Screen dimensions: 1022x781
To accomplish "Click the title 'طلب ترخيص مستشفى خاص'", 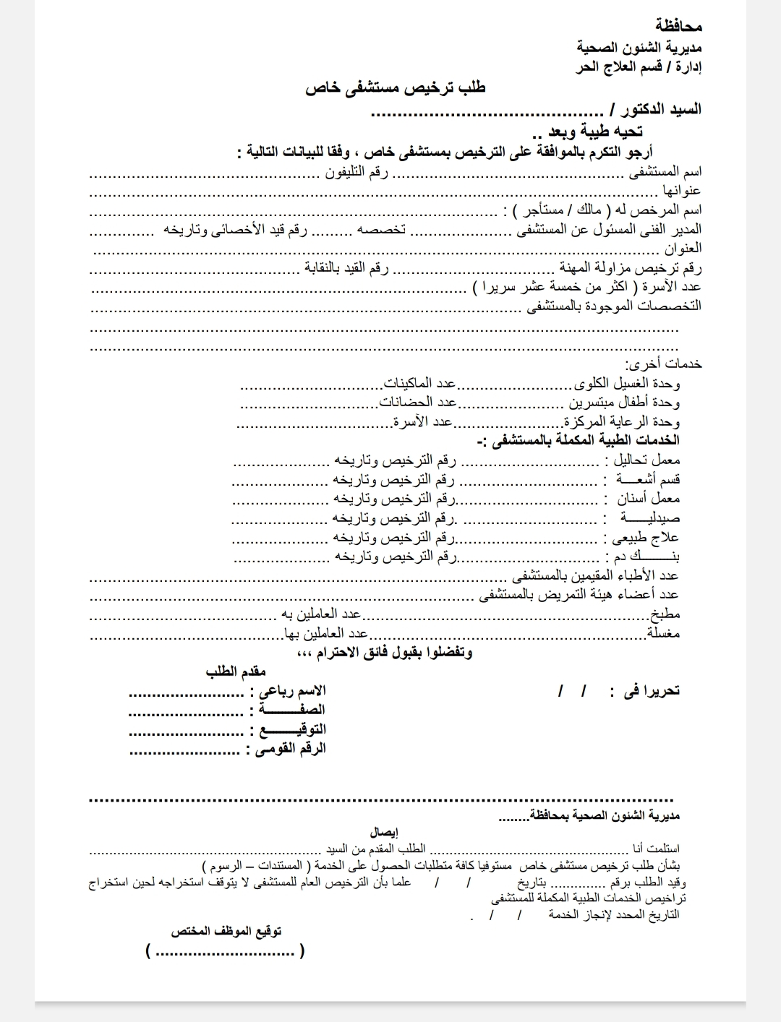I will click(x=396, y=88).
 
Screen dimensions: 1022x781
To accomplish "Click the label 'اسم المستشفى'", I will click(x=665, y=172).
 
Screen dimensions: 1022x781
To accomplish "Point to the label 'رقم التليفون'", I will click(x=359, y=172).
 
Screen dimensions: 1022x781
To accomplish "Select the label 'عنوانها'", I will click(x=682, y=191).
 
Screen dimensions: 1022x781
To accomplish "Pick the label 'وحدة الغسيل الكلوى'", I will click(x=627, y=383).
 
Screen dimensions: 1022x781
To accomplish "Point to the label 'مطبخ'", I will click(x=665, y=614).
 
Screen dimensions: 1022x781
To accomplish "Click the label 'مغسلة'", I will click(x=664, y=634).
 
